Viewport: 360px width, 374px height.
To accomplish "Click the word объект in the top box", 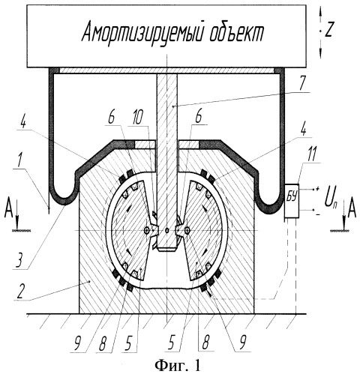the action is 237,33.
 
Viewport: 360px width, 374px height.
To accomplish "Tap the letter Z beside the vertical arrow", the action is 328,31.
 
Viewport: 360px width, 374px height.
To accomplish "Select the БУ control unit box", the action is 292,201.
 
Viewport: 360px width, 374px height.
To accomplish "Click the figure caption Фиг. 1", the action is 178,366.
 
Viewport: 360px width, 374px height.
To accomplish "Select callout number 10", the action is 136,119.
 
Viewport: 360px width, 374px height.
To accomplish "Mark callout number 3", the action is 20,260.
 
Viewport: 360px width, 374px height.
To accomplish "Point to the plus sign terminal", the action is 317,189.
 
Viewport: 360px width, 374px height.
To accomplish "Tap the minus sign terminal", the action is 317,214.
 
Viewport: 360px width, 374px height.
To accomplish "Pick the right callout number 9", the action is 241,343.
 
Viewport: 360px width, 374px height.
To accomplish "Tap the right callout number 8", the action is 205,343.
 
